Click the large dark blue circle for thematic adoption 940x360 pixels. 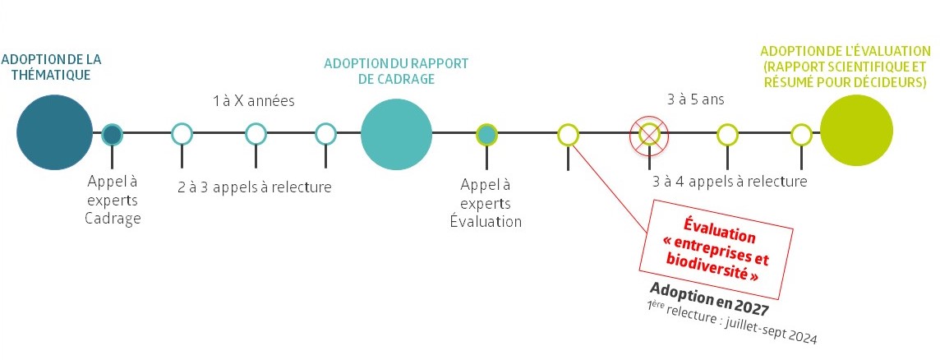54,133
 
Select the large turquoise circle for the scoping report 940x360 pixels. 396,133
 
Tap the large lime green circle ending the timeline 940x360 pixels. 856,133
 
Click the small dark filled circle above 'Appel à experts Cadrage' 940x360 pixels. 113,134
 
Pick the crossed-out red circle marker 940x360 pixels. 650,134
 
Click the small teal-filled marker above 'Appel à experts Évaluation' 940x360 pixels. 487,134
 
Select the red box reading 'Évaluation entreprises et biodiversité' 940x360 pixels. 715,247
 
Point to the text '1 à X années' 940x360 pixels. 253,101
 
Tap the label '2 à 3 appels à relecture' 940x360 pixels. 254,187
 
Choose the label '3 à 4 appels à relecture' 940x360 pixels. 729,182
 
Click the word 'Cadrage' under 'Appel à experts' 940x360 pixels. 113,219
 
